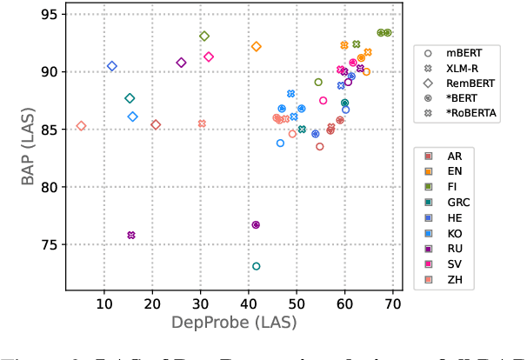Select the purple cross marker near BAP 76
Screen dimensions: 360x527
[x=131, y=236]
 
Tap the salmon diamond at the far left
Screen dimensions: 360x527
[x=81, y=126]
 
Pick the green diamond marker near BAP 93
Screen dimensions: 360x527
[x=204, y=37]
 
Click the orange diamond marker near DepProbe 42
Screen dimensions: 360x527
[x=256, y=47]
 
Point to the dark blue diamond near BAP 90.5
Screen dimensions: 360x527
[x=112, y=66]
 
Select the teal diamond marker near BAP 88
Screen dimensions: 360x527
[x=130, y=98]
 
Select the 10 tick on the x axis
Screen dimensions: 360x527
[x=104, y=303]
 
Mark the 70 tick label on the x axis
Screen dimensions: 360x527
[x=392, y=303]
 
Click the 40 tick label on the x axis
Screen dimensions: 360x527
[x=249, y=303]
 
